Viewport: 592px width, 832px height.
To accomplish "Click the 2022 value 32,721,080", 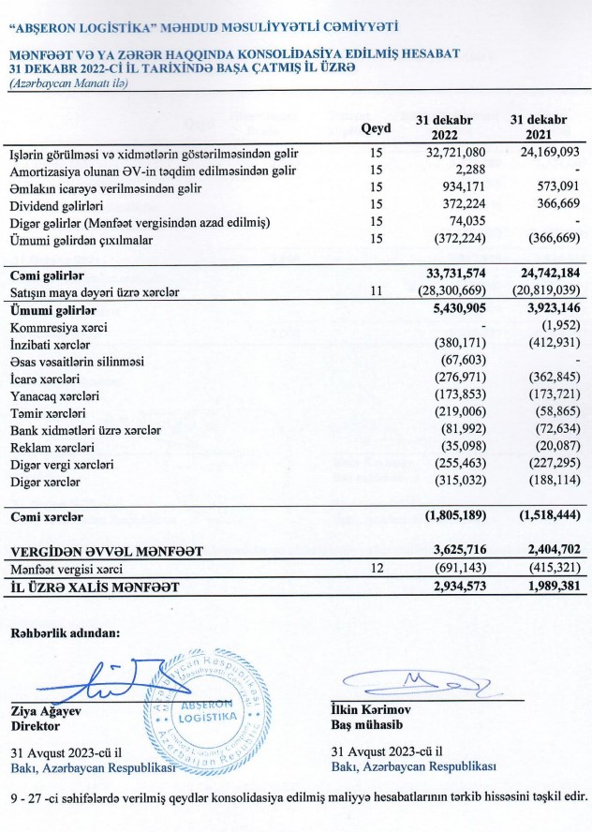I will point(443,152).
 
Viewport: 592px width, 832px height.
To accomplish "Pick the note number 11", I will point(377,292).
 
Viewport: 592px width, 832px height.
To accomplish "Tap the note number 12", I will point(377,568).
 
